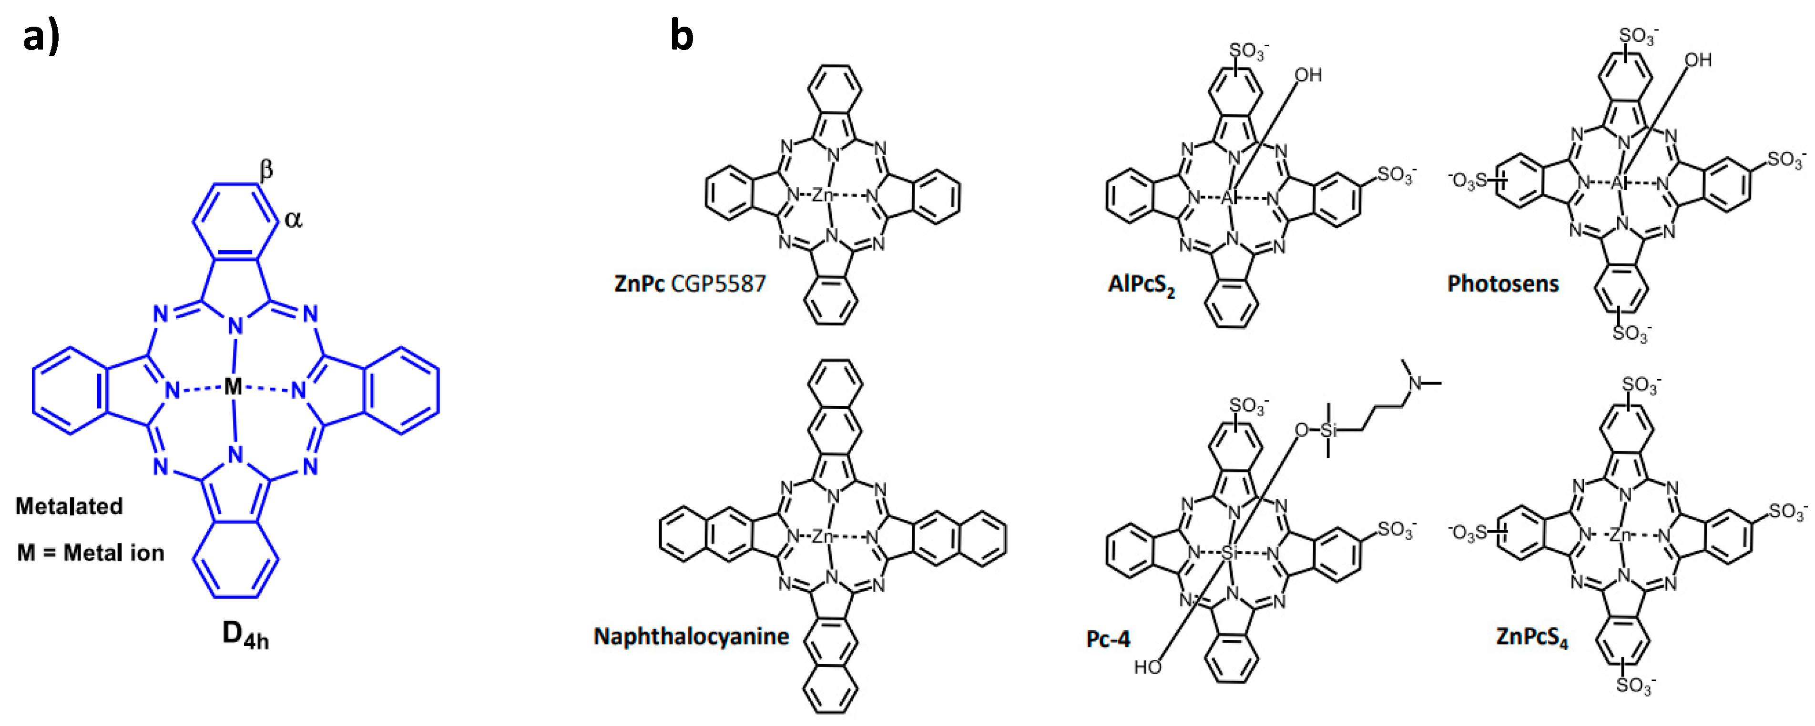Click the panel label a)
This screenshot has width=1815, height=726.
pyautogui.click(x=41, y=37)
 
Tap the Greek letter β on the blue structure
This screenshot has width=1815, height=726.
pyautogui.click(x=265, y=170)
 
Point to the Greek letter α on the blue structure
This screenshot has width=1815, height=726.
pyautogui.click(x=293, y=220)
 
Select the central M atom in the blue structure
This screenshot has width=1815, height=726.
pyautogui.click(x=233, y=387)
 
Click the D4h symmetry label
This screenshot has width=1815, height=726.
pyautogui.click(x=245, y=635)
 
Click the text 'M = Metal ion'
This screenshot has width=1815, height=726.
pyautogui.click(x=90, y=553)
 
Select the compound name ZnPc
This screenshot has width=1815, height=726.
pyautogui.click(x=639, y=284)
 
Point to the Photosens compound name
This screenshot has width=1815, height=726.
pyautogui.click(x=1503, y=284)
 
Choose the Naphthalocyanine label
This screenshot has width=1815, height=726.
pyautogui.click(x=691, y=636)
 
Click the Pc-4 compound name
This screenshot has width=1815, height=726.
pyautogui.click(x=1108, y=639)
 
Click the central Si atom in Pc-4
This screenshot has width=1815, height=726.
pyautogui.click(x=1229, y=553)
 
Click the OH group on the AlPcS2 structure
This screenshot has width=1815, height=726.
pyautogui.click(x=1308, y=75)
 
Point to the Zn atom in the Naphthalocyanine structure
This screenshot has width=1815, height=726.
pyautogui.click(x=822, y=536)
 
